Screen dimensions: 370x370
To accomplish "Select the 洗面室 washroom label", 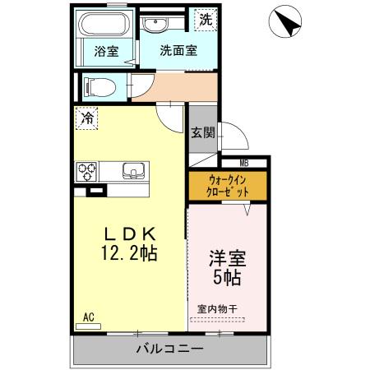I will click(178, 50).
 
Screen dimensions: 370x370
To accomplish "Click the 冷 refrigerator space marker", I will click(86, 118).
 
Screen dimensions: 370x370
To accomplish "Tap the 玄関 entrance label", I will click(202, 133).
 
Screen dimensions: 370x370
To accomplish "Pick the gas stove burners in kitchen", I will click(87, 172).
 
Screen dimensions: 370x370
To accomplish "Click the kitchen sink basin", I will click(133, 171).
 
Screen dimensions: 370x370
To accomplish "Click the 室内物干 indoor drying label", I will click(218, 309).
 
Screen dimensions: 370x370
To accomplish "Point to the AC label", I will click(89, 315).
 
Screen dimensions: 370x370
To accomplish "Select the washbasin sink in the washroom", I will click(156, 25).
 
